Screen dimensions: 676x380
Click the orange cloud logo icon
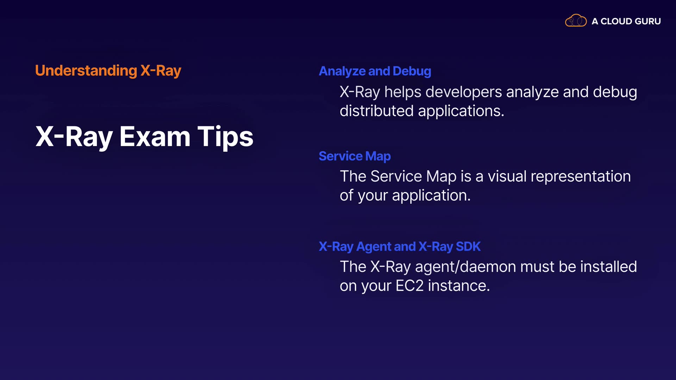click(576, 21)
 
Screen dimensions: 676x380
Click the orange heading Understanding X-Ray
click(108, 71)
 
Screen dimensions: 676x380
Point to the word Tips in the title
click(225, 137)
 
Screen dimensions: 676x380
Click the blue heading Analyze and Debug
click(375, 71)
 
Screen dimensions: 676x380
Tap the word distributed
click(377, 111)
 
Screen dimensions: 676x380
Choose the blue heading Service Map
click(355, 156)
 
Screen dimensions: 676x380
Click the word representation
click(581, 177)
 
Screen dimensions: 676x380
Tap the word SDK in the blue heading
click(468, 246)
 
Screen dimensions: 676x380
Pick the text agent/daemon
click(465, 267)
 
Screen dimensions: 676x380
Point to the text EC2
click(409, 286)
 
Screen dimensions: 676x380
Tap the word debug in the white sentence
click(615, 93)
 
